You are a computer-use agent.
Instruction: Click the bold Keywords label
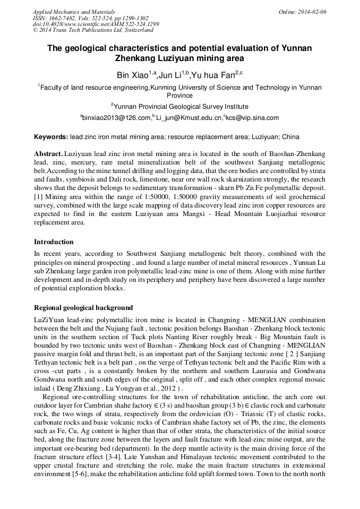click(x=51, y=137)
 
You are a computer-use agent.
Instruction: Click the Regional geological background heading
click(x=83, y=308)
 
